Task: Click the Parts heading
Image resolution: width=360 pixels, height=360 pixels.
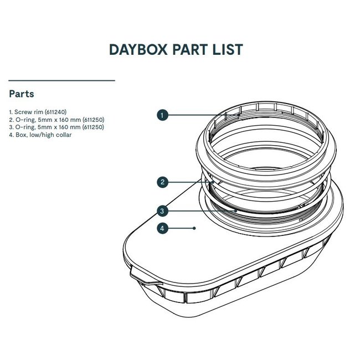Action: point(22,94)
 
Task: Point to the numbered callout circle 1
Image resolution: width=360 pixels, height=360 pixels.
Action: point(162,115)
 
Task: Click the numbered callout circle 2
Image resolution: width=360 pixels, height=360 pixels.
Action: point(162,182)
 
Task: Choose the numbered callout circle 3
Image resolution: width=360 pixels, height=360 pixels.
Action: point(162,210)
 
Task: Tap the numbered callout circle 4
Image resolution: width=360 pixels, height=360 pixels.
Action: point(162,228)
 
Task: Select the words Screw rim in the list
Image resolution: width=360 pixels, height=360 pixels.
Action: point(26,111)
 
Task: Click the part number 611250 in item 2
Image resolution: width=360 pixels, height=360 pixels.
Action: point(93,119)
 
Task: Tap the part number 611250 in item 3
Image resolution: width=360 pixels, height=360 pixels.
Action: point(93,127)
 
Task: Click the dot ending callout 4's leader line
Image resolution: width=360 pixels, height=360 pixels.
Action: point(194,228)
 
